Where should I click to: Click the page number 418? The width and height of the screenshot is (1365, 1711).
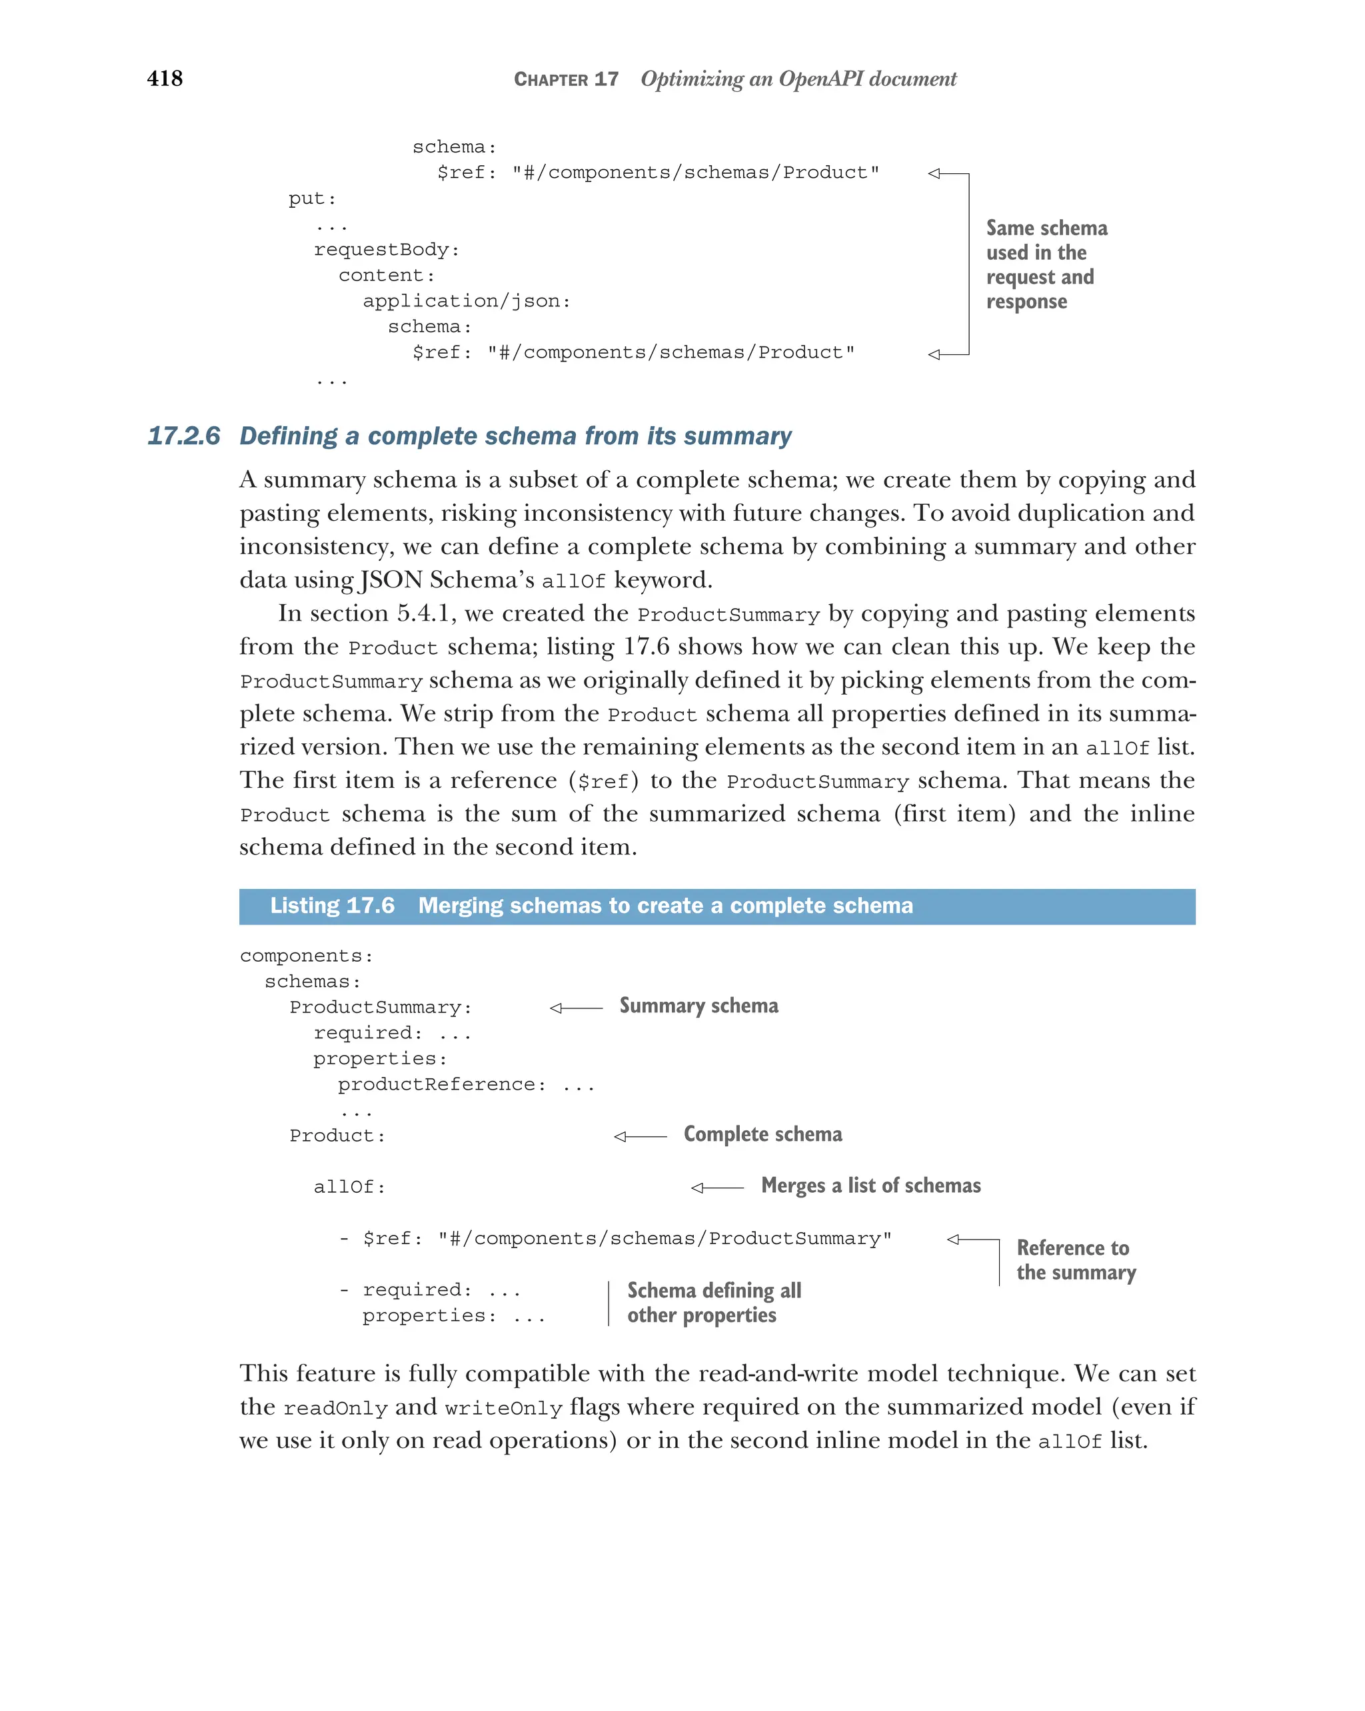[x=165, y=78]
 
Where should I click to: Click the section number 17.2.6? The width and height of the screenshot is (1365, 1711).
[x=183, y=436]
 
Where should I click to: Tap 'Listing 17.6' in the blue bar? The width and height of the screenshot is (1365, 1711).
[x=332, y=906]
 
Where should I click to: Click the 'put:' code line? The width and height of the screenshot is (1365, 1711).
[x=312, y=198]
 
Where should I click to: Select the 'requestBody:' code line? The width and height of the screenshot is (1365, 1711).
[x=386, y=250]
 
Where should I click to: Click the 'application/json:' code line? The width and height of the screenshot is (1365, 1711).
[x=466, y=302]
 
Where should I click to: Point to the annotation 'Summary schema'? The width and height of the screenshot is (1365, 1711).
[x=698, y=1006]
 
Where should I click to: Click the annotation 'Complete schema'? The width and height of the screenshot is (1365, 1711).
[x=762, y=1135]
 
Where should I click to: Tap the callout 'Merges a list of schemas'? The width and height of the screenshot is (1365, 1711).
[x=870, y=1186]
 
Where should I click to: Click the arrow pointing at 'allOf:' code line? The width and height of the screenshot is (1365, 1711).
[x=716, y=1188]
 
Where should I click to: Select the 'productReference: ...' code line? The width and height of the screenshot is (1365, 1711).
[x=465, y=1085]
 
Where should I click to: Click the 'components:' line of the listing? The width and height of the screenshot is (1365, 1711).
[x=306, y=956]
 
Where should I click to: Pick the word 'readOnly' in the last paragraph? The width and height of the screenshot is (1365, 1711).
[x=335, y=1409]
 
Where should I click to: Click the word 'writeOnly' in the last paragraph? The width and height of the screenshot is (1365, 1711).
[x=503, y=1409]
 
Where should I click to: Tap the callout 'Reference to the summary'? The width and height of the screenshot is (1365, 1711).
[x=1075, y=1260]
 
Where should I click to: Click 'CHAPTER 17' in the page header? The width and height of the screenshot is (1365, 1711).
[x=565, y=79]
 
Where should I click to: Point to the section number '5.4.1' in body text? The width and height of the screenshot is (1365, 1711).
[x=426, y=613]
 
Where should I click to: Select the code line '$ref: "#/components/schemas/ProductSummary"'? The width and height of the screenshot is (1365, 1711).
[x=627, y=1239]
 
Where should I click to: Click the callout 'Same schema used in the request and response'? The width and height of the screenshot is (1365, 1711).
[x=1045, y=265]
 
